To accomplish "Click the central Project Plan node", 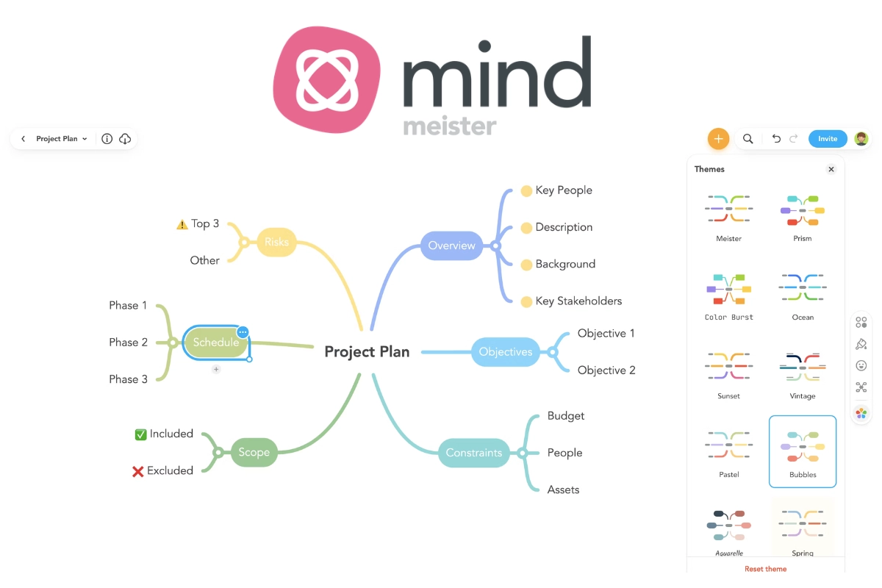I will (367, 352).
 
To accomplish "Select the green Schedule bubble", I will (215, 343).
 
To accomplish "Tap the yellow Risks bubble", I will (276, 242).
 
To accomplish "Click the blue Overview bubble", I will (451, 245).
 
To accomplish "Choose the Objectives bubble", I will (505, 352).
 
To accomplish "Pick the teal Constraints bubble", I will (474, 453).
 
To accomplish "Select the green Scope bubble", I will (254, 453).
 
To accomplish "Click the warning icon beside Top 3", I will (182, 224).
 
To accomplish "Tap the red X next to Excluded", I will (137, 471).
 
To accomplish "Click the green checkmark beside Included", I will (140, 434).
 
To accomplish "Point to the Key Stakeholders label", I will (578, 301).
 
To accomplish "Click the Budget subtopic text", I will (566, 416).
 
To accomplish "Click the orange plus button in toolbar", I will (718, 138).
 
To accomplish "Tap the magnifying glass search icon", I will (747, 138).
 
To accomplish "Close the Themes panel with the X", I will (831, 169).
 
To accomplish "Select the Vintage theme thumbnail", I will (803, 367).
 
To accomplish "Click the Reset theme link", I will (765, 569).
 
